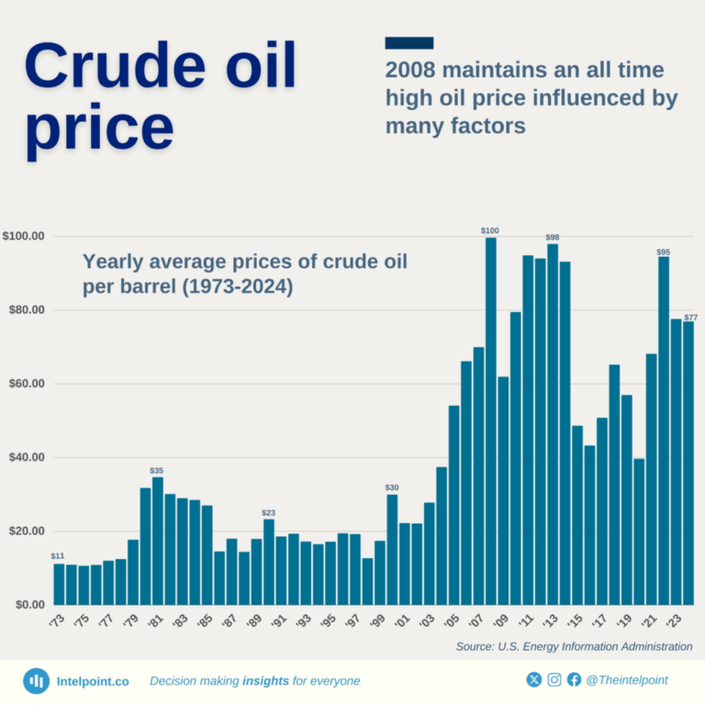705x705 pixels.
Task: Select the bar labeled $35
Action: click(x=158, y=541)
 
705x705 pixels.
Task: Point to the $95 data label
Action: click(x=663, y=252)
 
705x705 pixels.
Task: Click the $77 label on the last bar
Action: click(x=691, y=318)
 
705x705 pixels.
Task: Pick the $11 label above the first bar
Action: click(x=58, y=556)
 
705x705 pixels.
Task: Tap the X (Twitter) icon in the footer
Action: click(x=534, y=680)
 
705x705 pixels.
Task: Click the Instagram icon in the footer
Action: click(x=554, y=680)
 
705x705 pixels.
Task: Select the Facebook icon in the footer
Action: click(x=575, y=680)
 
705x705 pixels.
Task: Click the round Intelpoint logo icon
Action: click(x=37, y=680)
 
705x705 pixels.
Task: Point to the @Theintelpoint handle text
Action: click(x=628, y=680)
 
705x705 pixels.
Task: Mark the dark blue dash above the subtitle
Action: click(x=409, y=43)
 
